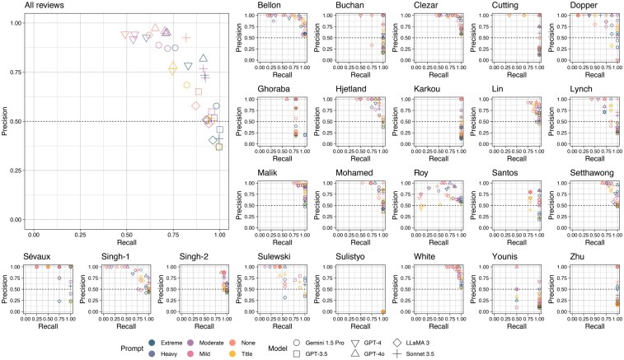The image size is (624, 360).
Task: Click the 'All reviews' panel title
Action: tap(26, 6)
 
